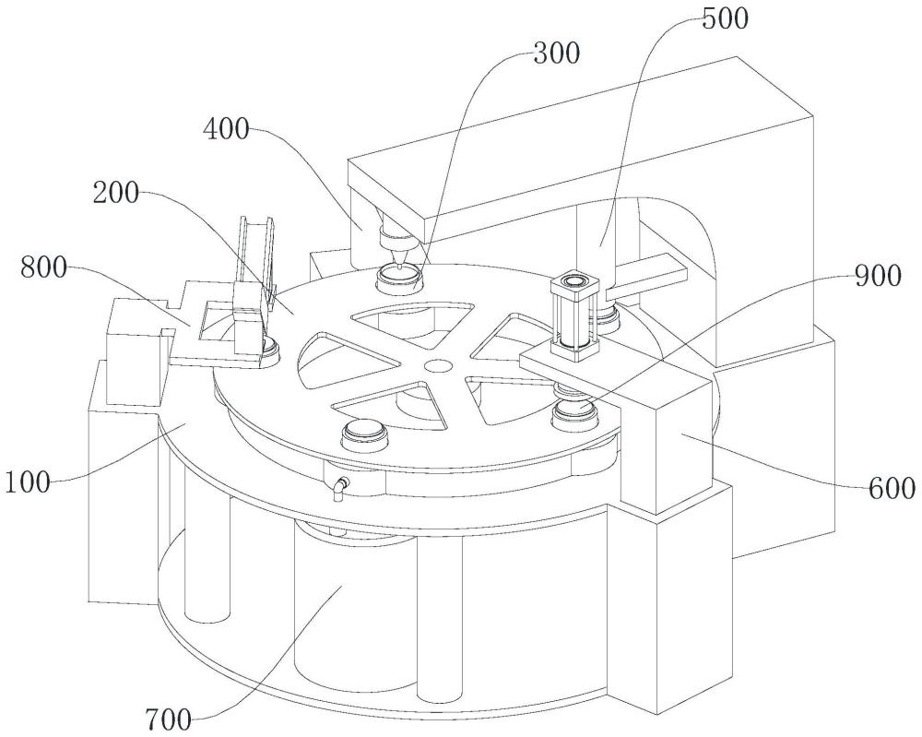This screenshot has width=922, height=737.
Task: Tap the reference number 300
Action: coord(556,53)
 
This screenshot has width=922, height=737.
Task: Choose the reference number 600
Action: coord(890,488)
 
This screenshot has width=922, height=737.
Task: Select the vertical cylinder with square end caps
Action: coord(573,315)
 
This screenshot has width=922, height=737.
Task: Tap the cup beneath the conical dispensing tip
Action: coord(399,275)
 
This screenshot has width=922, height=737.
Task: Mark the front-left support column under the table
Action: coord(203,553)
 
